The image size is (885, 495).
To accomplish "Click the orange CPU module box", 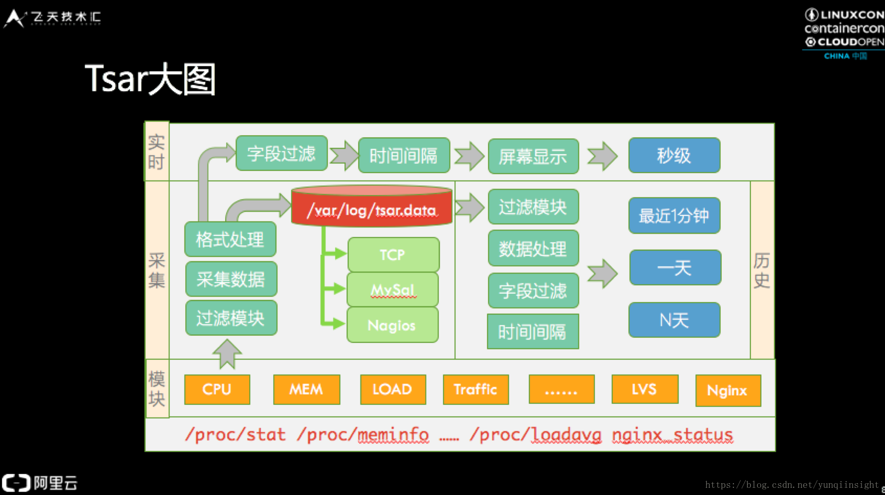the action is (217, 389).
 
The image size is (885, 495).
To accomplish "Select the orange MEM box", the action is (307, 389).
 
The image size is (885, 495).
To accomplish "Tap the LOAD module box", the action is (393, 389).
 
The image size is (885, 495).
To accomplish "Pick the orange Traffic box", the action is (476, 389).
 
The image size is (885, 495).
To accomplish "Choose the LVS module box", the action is (645, 389).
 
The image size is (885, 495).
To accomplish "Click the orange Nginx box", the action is (728, 390).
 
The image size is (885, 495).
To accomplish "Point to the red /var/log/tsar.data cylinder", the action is (372, 206).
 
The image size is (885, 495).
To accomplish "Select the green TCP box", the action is (393, 255).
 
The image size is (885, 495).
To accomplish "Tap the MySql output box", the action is (393, 290).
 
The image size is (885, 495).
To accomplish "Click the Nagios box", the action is (393, 325).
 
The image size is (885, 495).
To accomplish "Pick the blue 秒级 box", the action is (674, 155).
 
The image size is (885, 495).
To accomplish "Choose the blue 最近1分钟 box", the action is (674, 216).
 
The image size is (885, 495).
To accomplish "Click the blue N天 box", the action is (674, 320).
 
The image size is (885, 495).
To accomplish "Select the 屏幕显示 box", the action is (533, 156).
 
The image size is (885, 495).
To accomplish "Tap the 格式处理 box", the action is (230, 239).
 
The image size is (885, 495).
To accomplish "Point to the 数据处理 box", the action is (533, 248).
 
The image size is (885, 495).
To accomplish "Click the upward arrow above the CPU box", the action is (227, 354).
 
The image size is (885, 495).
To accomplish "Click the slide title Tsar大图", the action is (150, 79).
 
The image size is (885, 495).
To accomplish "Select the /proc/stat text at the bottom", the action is (235, 435).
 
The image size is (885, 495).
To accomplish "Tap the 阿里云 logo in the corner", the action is (40, 483).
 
